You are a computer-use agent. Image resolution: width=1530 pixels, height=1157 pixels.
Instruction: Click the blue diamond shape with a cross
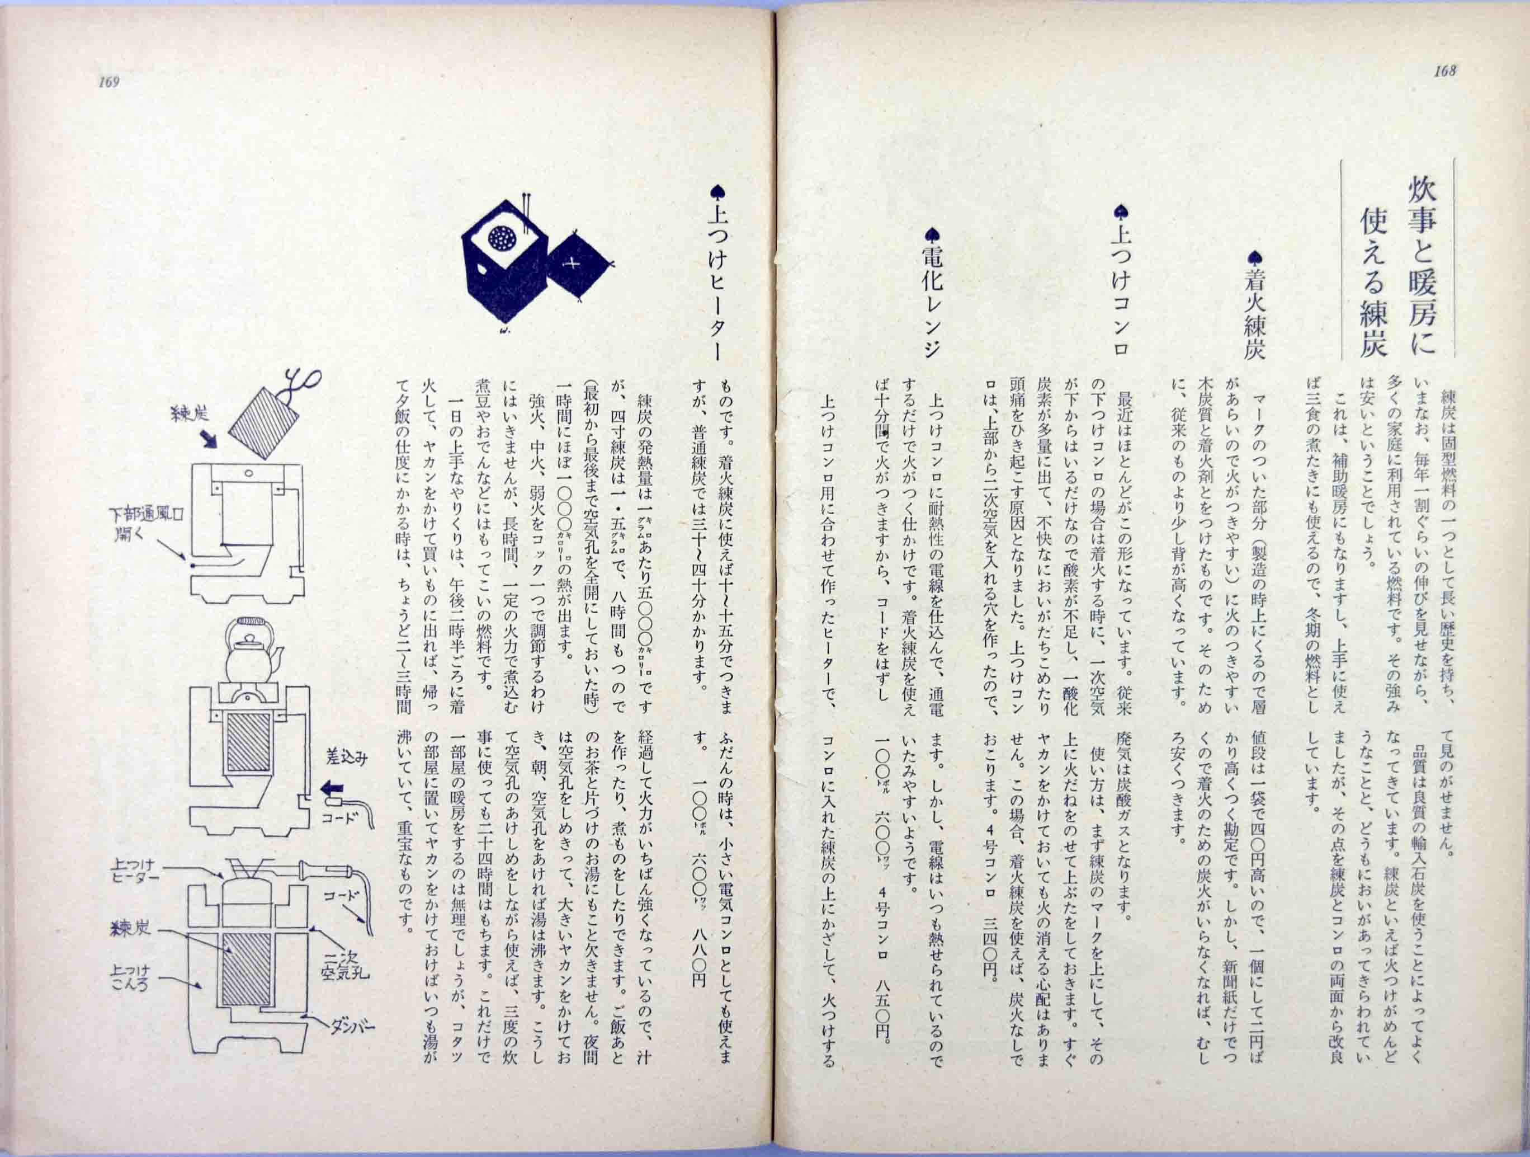pyautogui.click(x=580, y=264)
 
